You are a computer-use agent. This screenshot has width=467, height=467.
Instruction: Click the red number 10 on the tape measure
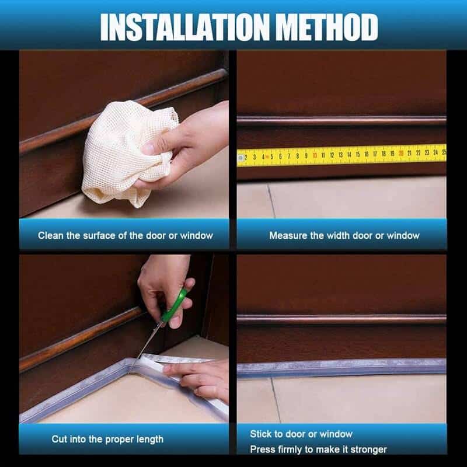(314, 155)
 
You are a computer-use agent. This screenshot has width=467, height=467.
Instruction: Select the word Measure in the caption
(285, 236)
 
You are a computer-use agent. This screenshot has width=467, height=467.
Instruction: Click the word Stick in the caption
(260, 434)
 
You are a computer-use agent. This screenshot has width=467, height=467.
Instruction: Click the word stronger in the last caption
(368, 449)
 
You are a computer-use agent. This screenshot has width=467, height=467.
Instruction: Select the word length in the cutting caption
(150, 439)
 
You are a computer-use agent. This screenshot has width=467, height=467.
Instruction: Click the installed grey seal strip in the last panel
(341, 368)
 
